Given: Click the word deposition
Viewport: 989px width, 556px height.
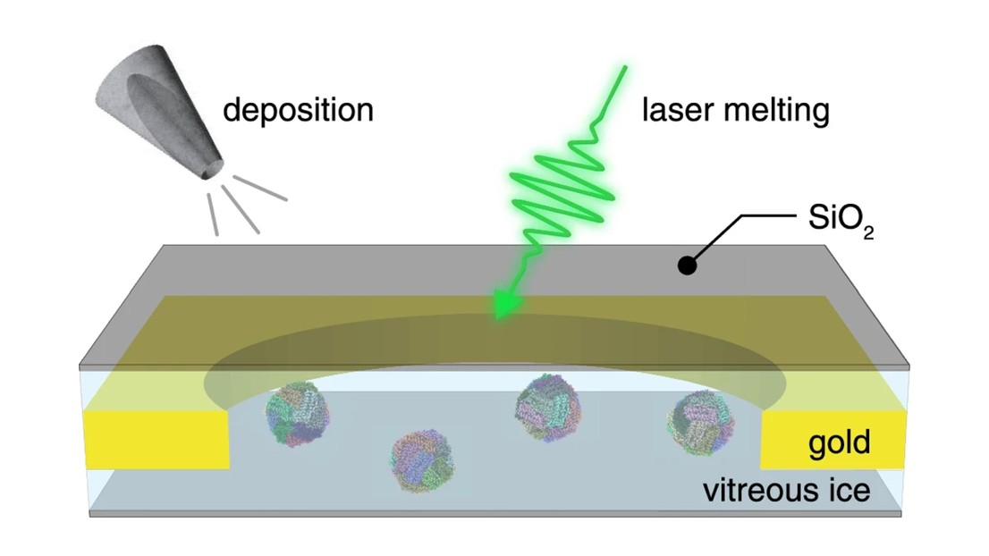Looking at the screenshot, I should point(298,111).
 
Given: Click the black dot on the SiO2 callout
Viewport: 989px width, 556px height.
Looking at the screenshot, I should point(687,265).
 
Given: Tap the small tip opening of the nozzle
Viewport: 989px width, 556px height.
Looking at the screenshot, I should point(212,167).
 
